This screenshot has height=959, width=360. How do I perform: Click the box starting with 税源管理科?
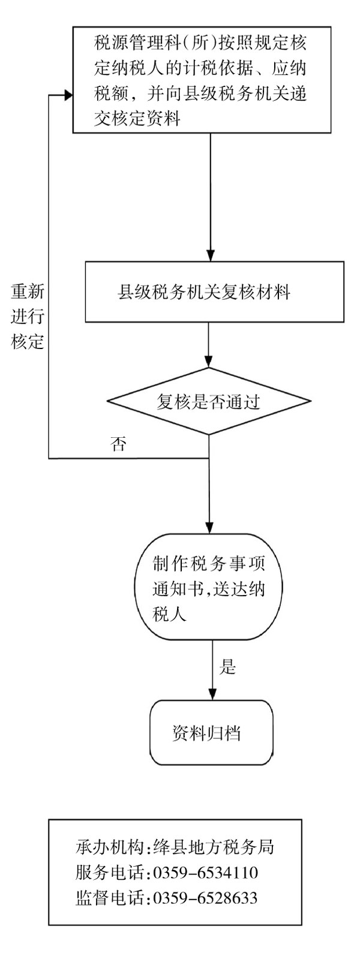pos(203,80)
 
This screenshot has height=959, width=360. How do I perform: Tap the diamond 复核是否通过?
pos(208,401)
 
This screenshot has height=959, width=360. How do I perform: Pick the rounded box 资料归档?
pos(211,733)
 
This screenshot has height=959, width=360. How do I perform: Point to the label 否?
pos(119,446)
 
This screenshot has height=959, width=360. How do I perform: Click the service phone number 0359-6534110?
pos(206,871)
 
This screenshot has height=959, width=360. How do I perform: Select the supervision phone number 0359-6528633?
pos(206,898)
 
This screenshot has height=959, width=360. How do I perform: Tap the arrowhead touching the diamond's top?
pos(208,363)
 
